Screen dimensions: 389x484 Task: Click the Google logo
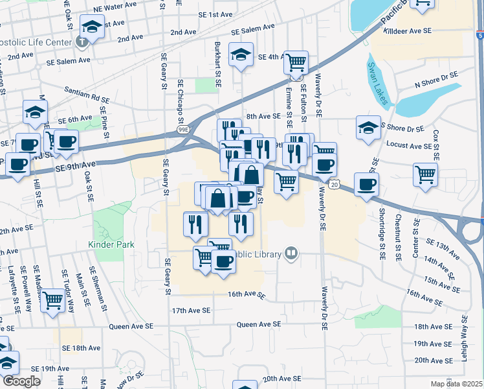tap(21, 381)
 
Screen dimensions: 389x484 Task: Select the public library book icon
tap(291, 253)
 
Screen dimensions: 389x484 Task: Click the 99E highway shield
tap(183, 130)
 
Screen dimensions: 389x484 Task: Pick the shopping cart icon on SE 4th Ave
tap(296, 62)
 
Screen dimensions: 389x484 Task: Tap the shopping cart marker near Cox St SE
tap(425, 173)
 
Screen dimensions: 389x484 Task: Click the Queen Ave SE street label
tap(259, 324)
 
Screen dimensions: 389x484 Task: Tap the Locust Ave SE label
tap(408, 147)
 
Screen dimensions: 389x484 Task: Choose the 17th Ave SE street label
tap(192, 311)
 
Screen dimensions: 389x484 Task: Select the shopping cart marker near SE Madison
tap(53, 300)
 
